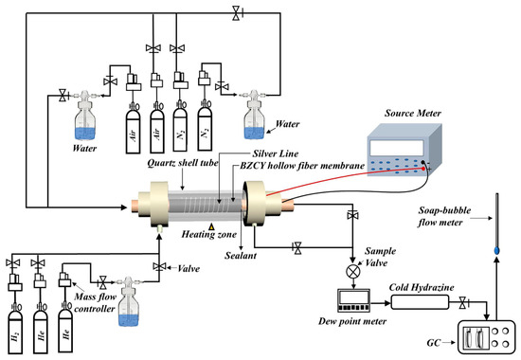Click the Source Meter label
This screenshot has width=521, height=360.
coord(413,113)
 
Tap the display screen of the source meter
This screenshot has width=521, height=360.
coord(397,148)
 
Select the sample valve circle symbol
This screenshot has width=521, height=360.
coord(353,271)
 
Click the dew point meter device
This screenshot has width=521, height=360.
coord(354,300)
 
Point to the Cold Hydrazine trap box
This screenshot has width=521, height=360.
coord(420,302)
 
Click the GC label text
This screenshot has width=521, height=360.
coord(434,342)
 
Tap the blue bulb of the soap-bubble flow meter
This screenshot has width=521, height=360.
coord(496,250)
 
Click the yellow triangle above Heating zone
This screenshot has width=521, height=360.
coord(211,227)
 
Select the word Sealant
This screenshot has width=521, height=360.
coord(241,256)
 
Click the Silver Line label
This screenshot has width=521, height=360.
coord(276,153)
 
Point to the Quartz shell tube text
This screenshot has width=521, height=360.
coord(183,163)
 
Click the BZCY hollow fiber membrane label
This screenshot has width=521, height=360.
coord(302,166)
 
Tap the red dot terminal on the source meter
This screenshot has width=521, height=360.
coord(423,169)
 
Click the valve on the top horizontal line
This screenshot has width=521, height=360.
coord(237,13)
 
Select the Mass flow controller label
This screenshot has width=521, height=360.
coord(95,302)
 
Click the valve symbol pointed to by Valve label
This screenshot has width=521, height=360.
coord(159,266)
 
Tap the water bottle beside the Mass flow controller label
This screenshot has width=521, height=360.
coord(129,301)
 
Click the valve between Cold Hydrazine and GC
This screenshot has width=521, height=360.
coord(462,303)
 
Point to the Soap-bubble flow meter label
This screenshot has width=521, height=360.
coord(444,216)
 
